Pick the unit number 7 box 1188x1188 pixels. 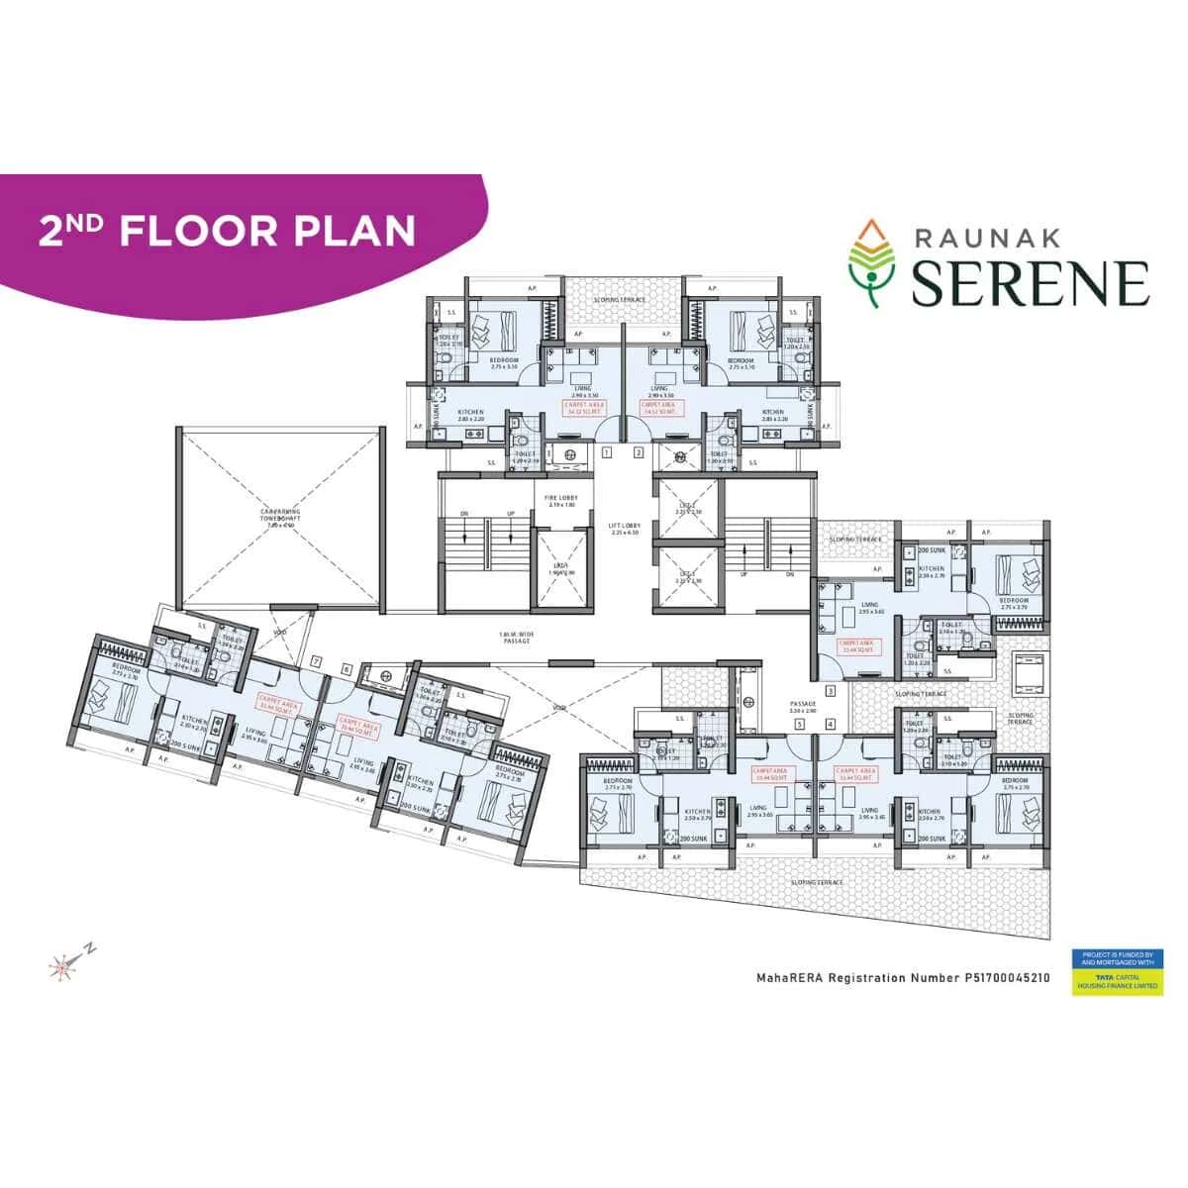[316, 660]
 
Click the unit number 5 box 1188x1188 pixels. [799, 725]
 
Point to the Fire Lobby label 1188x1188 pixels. [560, 500]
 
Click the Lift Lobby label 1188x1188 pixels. [626, 529]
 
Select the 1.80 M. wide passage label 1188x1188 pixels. [515, 639]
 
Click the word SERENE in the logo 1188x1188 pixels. [1030, 281]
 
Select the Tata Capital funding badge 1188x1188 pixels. [1116, 971]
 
